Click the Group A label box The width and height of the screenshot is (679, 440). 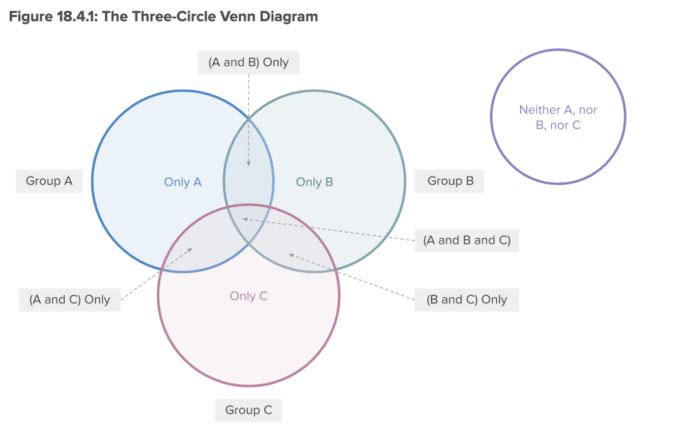tap(49, 181)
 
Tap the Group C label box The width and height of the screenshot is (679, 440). tap(248, 410)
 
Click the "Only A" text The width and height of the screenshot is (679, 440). tap(183, 182)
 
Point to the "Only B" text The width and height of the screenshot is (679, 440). tap(315, 182)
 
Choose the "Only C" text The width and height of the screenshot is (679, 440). tap(248, 296)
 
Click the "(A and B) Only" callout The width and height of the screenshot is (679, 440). tap(248, 63)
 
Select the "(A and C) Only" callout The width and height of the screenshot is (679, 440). tap(70, 299)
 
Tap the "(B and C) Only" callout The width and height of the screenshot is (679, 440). tap(467, 299)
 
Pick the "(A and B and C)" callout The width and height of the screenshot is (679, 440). tap(467, 240)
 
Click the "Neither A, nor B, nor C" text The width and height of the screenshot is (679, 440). tap(558, 117)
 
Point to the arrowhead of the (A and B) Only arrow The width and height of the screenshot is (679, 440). tap(248, 163)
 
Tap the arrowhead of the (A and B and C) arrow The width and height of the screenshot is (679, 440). tap(244, 219)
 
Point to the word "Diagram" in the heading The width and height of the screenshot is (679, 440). tap(289, 16)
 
